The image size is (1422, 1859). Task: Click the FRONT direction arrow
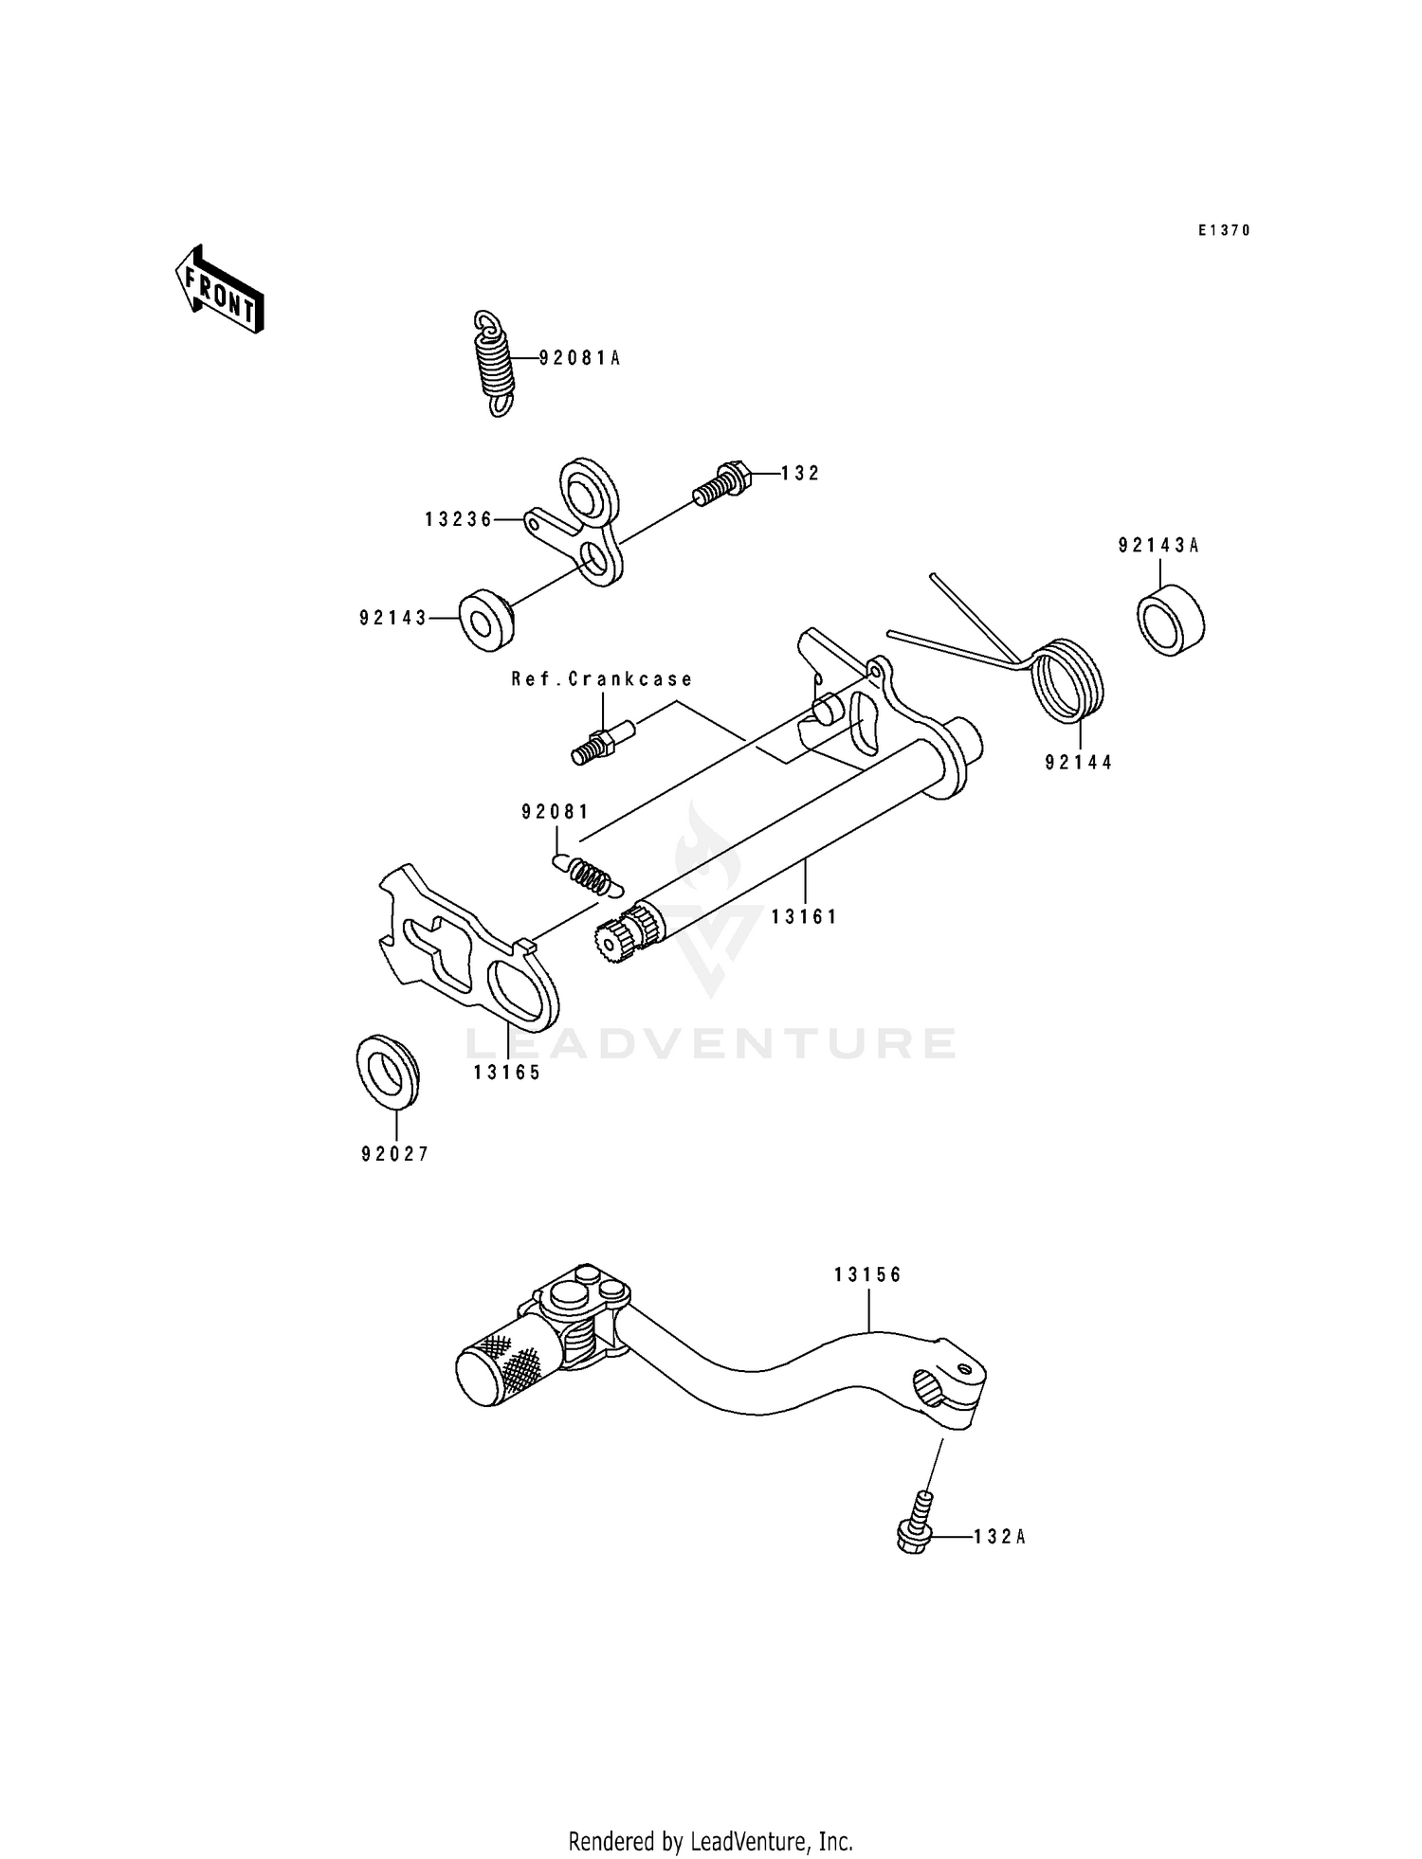click(219, 289)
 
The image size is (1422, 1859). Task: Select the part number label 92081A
click(579, 358)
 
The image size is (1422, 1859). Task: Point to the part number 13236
click(459, 519)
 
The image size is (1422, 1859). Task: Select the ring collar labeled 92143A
click(1170, 619)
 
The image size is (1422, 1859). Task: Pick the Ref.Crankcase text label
click(602, 679)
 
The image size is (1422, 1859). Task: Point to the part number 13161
click(804, 917)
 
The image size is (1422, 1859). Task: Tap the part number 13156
click(868, 1275)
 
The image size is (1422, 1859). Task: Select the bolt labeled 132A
click(915, 1526)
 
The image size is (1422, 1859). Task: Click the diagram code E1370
click(1224, 230)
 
